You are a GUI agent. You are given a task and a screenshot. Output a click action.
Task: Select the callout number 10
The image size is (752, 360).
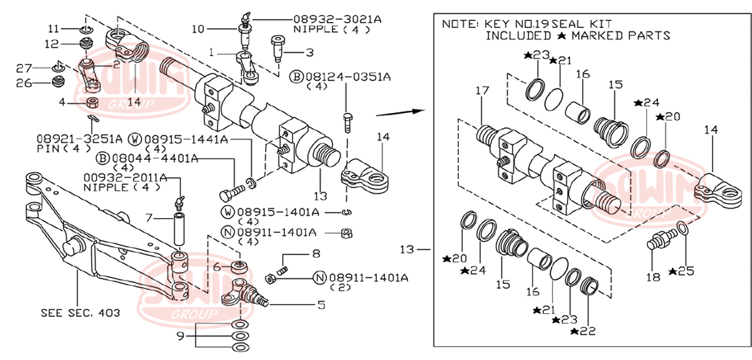click(x=198, y=28)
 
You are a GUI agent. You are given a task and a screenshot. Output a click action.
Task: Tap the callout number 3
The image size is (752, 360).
click(x=310, y=53)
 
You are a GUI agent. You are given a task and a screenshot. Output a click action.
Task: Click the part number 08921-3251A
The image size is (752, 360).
click(x=79, y=139)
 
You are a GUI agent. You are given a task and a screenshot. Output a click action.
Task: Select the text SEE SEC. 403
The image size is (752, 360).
click(x=81, y=312)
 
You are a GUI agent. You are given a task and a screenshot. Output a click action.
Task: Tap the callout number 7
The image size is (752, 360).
click(x=148, y=218)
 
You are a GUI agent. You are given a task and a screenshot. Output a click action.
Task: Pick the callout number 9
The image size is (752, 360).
click(x=181, y=335)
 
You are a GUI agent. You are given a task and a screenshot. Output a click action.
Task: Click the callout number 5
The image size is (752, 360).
click(x=321, y=304)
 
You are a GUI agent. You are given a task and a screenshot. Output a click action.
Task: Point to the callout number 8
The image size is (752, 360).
click(x=315, y=253)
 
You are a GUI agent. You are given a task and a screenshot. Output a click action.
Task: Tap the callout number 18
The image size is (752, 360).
click(x=653, y=277)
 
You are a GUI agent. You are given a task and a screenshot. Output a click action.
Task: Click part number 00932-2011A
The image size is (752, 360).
click(x=125, y=177)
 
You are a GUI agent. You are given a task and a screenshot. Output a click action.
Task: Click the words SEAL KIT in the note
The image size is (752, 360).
click(x=581, y=24)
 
